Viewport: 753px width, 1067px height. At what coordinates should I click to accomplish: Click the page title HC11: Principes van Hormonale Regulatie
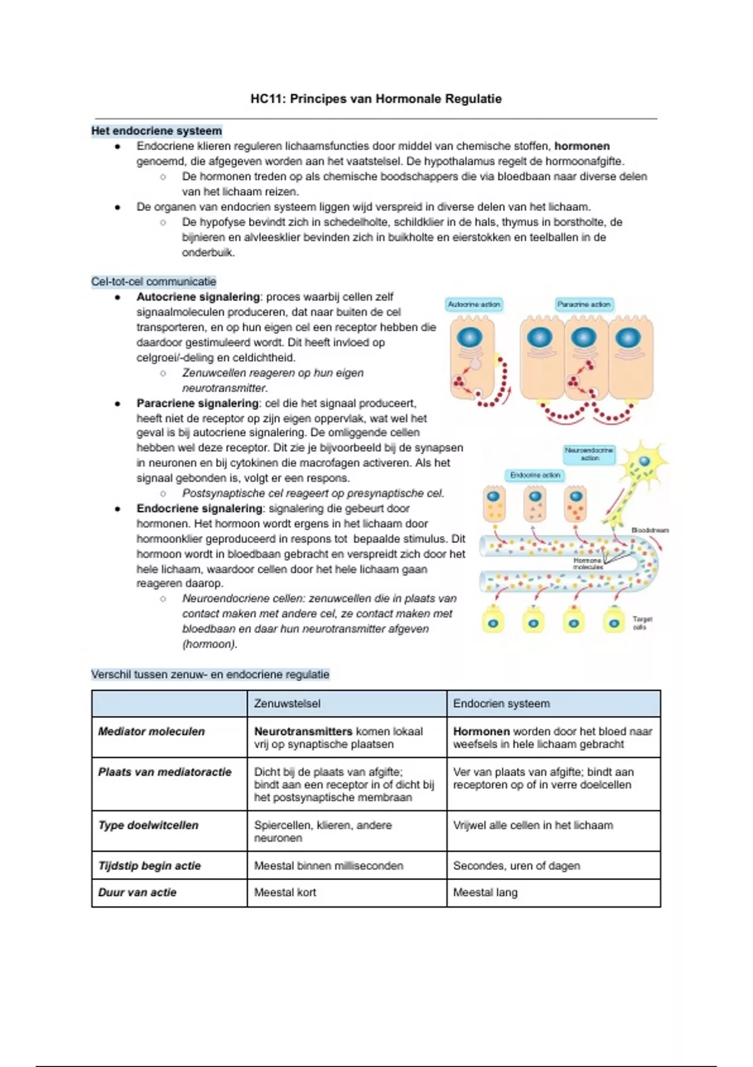[376, 99]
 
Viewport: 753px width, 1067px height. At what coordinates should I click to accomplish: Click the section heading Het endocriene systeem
[156, 131]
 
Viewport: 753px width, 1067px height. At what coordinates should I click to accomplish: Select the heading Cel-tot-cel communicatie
[154, 282]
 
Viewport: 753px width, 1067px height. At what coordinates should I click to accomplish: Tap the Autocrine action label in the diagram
[474, 304]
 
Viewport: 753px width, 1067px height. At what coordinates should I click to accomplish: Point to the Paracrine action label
[584, 304]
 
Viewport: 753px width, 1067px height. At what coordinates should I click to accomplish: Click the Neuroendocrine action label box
[589, 454]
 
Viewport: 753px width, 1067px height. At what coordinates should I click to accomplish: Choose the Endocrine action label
[535, 475]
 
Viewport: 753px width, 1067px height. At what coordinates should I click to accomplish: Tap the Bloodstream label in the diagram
[649, 530]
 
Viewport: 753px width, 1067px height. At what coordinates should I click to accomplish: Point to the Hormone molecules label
[587, 563]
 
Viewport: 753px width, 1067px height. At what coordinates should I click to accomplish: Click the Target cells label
[642, 623]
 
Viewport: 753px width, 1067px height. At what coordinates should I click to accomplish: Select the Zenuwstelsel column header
[287, 704]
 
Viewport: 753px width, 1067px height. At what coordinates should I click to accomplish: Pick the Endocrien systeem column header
[501, 704]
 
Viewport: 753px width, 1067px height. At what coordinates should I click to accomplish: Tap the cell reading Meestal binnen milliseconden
[328, 866]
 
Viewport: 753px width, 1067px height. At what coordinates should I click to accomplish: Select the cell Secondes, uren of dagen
[516, 866]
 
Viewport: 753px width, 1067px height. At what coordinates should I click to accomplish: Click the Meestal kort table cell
[285, 892]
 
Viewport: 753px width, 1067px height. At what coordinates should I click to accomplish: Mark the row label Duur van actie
[137, 892]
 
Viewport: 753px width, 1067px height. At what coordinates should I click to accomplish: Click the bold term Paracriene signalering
[198, 403]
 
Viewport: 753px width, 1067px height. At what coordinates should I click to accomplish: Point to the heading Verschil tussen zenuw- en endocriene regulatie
[210, 675]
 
